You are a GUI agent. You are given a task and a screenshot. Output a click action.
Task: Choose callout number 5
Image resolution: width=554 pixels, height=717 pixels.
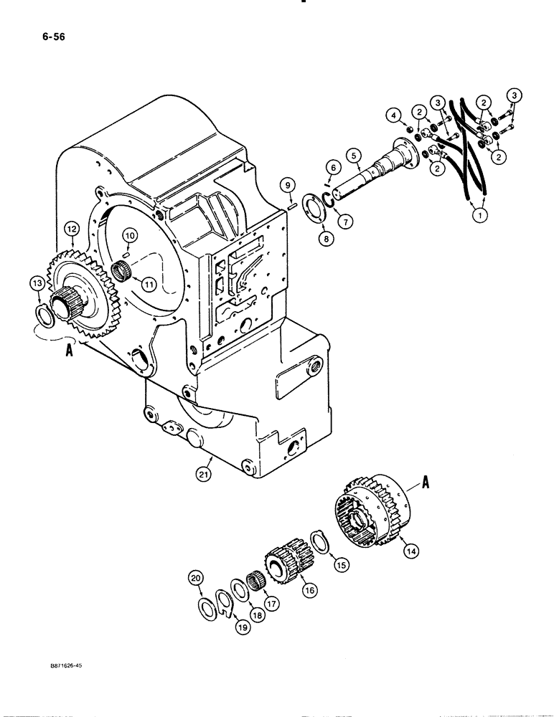pos(352,154)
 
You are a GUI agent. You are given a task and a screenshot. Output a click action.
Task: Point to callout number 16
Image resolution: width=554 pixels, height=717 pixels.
pos(310,589)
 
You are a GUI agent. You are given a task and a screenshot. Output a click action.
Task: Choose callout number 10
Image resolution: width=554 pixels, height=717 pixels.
pos(129,234)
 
